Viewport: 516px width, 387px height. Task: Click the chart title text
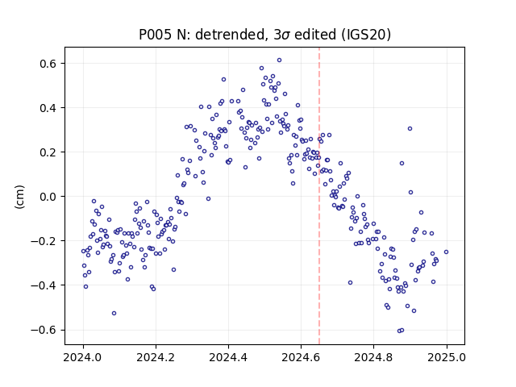264,35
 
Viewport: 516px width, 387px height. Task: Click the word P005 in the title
155,35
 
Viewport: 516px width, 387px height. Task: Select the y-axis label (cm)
19,197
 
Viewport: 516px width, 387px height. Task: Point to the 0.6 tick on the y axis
48,64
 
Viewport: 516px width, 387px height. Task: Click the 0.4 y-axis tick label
48,108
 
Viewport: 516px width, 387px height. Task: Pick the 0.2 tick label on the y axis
48,152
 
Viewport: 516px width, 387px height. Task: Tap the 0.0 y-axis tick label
48,197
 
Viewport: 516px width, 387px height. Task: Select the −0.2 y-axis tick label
44,241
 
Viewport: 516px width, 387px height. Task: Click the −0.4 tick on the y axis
44,285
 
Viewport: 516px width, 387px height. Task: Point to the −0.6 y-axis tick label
44,330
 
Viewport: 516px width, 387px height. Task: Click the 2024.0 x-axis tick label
83,357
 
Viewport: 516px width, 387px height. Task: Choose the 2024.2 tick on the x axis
156,357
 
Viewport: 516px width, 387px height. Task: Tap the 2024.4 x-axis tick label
228,357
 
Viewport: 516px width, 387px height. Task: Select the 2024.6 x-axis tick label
301,357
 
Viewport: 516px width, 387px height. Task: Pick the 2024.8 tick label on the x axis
373,357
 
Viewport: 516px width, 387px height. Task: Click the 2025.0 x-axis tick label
447,357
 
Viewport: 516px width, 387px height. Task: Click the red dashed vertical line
319,196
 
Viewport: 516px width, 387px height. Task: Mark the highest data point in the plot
279,60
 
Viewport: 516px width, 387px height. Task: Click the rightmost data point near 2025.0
446,252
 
